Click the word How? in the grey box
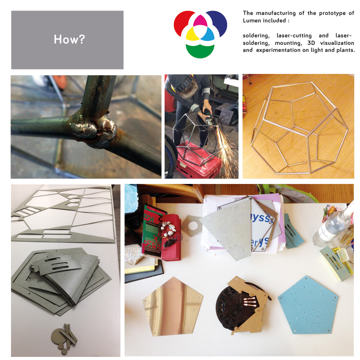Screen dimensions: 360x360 coord(70,39)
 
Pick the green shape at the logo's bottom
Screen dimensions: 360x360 coord(200,51)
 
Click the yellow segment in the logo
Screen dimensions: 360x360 coord(192,34)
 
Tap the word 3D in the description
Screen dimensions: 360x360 coord(311,43)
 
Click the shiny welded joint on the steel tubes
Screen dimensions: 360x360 coord(94,130)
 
